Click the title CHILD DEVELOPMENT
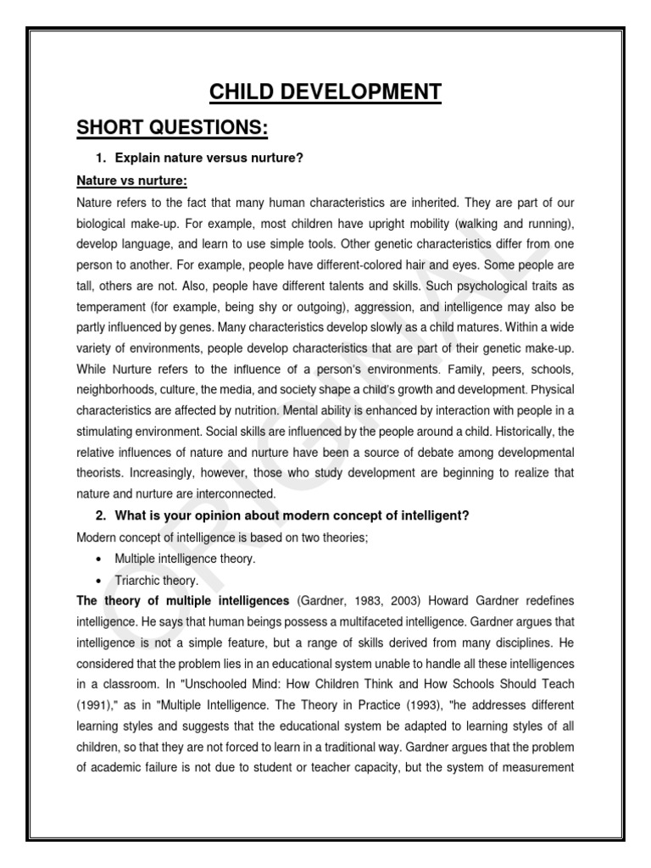325,91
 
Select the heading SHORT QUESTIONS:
172,128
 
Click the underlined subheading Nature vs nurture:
131,181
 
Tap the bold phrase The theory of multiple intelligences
183,601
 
